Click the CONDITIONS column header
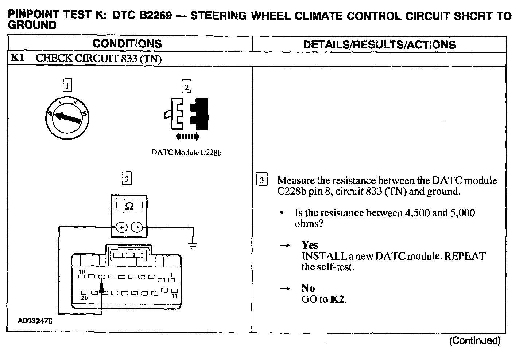coord(127,44)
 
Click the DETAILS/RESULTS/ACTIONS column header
coord(379,44)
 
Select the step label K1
coord(18,58)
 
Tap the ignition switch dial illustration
coord(67,117)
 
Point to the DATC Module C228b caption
coord(186,152)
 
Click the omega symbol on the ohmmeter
coord(129,206)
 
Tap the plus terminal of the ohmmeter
coord(121,228)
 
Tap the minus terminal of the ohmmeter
coord(137,228)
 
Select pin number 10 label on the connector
coord(82,272)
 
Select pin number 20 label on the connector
coord(84,298)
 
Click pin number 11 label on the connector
coord(174,296)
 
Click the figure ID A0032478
coord(35,321)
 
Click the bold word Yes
coord(309,245)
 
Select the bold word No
coord(308,288)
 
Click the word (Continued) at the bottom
coord(475,341)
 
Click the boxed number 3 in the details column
coord(261,180)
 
